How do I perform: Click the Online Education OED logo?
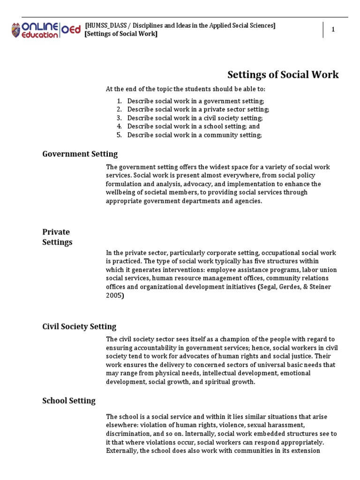click(x=45, y=30)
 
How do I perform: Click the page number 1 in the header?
click(x=333, y=30)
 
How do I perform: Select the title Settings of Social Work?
click(x=283, y=75)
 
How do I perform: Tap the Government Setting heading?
click(x=80, y=154)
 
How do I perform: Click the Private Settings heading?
click(x=57, y=237)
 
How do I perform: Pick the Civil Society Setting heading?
click(x=79, y=326)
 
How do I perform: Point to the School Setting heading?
click(x=68, y=400)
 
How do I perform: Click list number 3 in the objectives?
click(x=119, y=118)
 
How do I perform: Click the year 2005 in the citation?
click(x=114, y=295)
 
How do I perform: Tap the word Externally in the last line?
click(x=122, y=451)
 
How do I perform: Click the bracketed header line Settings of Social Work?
click(x=121, y=34)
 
